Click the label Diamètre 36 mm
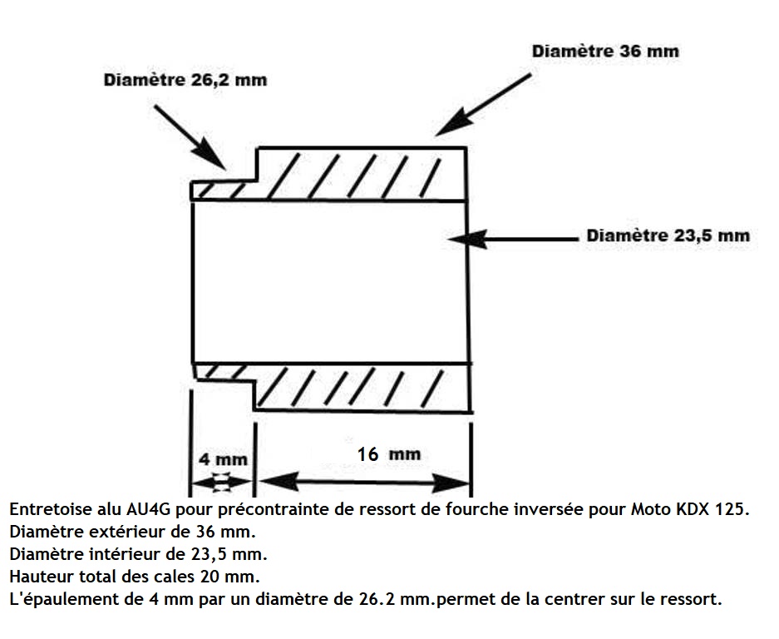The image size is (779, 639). (x=605, y=52)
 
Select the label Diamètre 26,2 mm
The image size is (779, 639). (x=185, y=80)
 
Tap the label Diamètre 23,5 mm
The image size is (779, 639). (x=668, y=235)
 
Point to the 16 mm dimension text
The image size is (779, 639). (x=389, y=454)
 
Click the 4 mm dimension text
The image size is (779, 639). (x=223, y=459)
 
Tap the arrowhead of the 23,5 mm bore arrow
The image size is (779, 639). (x=467, y=239)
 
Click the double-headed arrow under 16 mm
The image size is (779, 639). (x=365, y=483)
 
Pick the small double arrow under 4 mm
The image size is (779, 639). (x=222, y=483)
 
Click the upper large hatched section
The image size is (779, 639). (x=362, y=174)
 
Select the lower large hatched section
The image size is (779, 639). (x=362, y=388)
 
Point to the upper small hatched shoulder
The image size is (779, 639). (x=224, y=191)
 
